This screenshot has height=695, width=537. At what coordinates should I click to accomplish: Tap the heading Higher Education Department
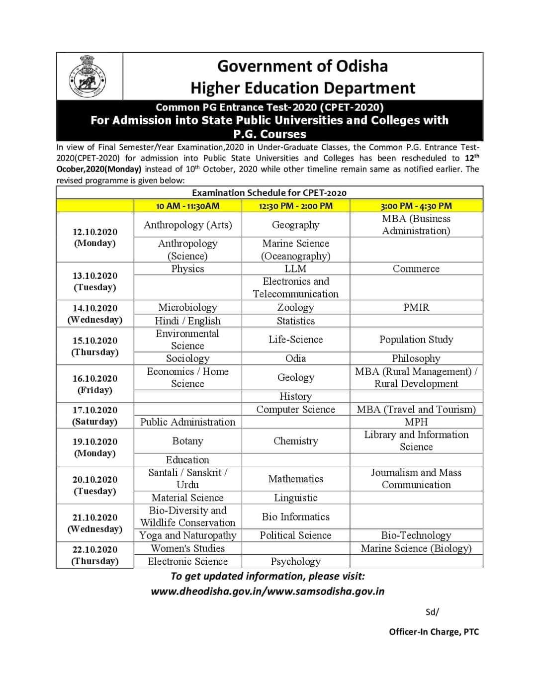click(302, 88)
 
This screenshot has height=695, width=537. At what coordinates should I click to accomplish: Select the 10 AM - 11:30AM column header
click(187, 206)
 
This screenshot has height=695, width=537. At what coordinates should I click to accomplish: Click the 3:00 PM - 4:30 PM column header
click(416, 206)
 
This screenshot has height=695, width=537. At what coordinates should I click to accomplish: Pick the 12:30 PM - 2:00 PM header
click(296, 206)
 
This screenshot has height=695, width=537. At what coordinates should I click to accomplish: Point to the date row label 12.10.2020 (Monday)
click(94, 238)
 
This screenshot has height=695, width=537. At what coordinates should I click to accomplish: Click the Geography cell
click(296, 225)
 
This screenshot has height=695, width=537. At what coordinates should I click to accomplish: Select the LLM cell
click(296, 268)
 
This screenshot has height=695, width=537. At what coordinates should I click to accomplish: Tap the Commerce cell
click(416, 268)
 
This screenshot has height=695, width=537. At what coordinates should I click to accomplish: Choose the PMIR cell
click(416, 307)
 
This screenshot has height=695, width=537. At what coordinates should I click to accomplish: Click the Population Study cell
click(416, 340)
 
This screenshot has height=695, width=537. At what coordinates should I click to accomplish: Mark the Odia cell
click(296, 358)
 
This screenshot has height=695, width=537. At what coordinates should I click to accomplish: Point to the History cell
click(296, 396)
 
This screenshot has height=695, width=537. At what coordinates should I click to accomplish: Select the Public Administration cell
click(187, 422)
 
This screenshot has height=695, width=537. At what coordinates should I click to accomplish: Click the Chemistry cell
click(296, 441)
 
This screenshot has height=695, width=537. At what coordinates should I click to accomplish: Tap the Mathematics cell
click(296, 479)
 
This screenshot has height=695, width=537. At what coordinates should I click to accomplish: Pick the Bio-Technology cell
click(416, 535)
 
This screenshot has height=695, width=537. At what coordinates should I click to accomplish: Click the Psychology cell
click(296, 561)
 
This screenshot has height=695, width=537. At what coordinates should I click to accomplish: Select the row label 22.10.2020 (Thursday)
click(94, 555)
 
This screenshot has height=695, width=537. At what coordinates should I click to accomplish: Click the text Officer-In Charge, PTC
click(434, 632)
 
